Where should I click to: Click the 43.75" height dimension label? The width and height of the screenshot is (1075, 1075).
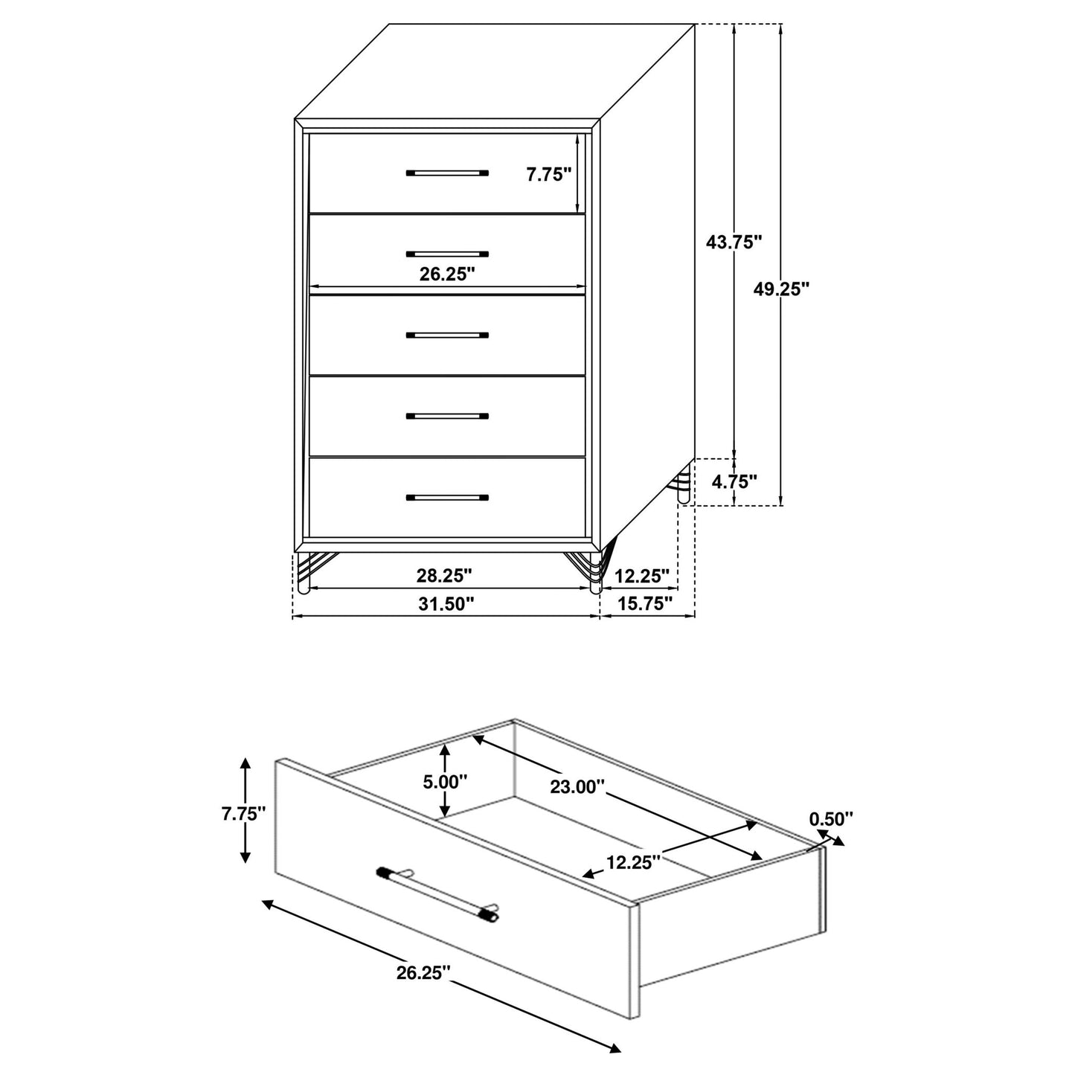734,242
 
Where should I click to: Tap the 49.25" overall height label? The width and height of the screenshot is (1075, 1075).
780,289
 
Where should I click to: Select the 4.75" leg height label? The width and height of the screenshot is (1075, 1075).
734,481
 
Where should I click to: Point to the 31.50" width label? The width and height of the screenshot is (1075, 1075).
446,603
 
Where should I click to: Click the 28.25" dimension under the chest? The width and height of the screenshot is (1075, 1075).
446,575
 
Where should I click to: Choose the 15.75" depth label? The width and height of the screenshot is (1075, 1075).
645,603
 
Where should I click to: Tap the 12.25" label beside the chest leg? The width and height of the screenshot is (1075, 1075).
643,575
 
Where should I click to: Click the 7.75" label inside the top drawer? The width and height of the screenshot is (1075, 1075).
548,175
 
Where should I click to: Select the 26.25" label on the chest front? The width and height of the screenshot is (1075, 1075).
447,274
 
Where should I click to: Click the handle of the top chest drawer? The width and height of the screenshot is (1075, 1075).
447,173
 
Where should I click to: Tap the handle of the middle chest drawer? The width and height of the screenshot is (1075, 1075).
447,336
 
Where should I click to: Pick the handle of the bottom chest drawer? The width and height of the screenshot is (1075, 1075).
447,497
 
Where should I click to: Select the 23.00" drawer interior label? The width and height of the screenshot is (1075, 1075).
577,786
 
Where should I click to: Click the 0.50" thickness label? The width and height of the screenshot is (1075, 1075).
830,819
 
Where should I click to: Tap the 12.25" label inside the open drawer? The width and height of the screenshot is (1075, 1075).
633,862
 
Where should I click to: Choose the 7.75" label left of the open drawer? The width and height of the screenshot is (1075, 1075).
243,813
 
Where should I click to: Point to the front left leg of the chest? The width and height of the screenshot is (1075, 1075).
303,574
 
